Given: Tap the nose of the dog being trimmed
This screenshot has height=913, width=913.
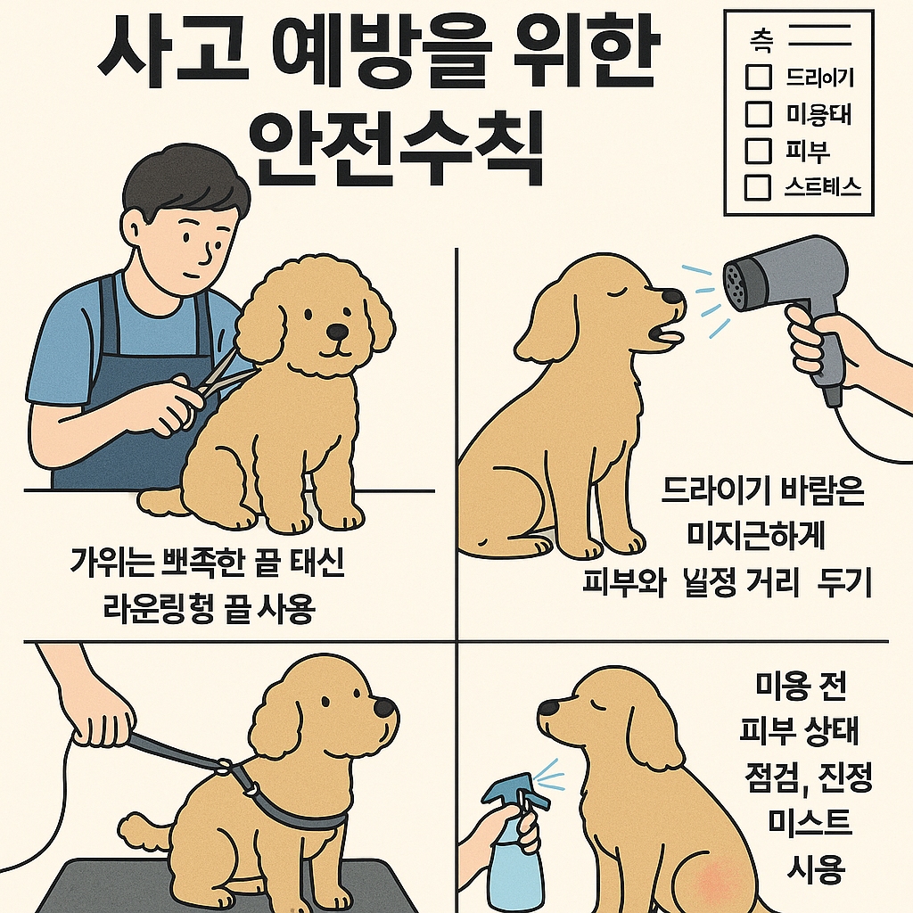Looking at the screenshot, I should (337, 332).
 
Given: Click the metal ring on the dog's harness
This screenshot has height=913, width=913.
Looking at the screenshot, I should (253, 788).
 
